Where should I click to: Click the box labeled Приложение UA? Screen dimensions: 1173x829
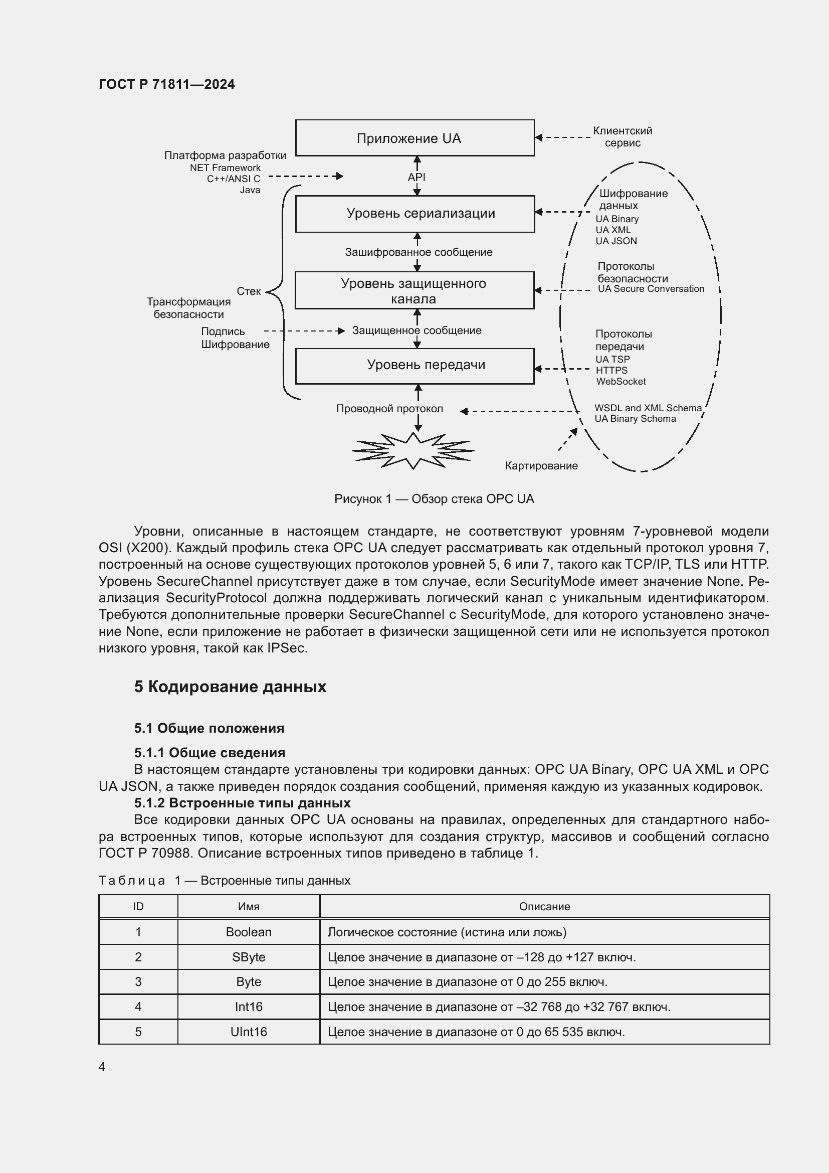[x=414, y=138]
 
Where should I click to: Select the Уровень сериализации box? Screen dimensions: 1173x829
[x=414, y=214]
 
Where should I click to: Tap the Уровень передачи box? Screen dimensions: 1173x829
[x=414, y=366]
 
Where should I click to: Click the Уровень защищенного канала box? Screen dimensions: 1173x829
[x=414, y=290]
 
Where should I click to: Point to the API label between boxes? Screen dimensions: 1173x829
[x=417, y=177]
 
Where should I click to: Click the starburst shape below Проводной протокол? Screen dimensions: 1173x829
[x=413, y=451]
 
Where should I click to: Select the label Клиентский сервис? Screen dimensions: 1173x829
[x=623, y=137]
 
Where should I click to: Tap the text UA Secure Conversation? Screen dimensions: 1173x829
[x=651, y=289]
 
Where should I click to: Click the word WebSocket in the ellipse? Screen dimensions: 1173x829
[x=620, y=382]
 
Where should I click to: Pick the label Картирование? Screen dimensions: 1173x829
[x=541, y=466]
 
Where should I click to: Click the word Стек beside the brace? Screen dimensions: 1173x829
[x=249, y=291]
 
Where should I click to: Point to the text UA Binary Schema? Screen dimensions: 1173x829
[x=635, y=419]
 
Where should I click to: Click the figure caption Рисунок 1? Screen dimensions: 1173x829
[x=434, y=499]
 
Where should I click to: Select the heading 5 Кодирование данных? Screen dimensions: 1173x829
[x=230, y=687]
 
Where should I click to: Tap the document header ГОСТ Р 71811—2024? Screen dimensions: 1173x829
[x=167, y=84]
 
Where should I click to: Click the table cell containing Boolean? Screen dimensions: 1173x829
[x=249, y=932]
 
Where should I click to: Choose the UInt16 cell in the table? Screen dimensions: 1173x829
[x=249, y=1032]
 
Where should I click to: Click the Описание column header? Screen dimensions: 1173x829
[x=544, y=907]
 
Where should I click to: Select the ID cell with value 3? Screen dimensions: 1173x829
[x=138, y=982]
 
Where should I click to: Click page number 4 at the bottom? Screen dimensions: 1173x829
[x=102, y=1067]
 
